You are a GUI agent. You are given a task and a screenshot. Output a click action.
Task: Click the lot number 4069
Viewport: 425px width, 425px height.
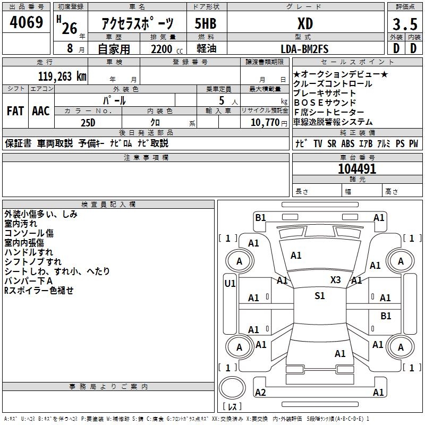pyautogui.click(x=26, y=23)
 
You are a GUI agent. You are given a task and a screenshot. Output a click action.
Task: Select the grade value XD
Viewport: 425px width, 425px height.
pyautogui.click(x=305, y=24)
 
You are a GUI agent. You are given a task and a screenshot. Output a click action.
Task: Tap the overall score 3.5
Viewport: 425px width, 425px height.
pyautogui.click(x=404, y=24)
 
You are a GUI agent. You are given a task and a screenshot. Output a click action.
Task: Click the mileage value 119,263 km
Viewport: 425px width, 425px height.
pyautogui.click(x=62, y=76)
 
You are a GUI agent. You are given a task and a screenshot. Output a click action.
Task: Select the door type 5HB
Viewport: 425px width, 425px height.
pyautogui.click(x=206, y=24)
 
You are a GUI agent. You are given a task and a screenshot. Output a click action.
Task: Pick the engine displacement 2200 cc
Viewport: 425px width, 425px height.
pyautogui.click(x=160, y=49)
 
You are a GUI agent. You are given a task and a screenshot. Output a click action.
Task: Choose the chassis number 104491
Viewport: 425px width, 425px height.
pyautogui.click(x=357, y=169)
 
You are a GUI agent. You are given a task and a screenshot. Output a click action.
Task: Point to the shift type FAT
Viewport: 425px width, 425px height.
pyautogui.click(x=15, y=111)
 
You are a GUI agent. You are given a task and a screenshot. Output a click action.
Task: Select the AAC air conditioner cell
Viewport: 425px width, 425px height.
pyautogui.click(x=41, y=111)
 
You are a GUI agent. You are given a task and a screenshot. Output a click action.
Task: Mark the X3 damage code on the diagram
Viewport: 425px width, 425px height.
pyautogui.click(x=335, y=280)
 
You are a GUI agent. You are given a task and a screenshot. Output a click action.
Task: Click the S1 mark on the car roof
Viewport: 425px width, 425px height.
pyautogui.click(x=319, y=296)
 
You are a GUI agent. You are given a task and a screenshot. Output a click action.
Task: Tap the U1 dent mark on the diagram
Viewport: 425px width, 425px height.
pyautogui.click(x=229, y=284)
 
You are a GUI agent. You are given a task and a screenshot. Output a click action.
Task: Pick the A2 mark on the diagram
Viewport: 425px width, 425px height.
pyautogui.click(x=260, y=392)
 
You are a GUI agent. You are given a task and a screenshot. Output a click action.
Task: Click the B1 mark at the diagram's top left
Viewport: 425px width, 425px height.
pyautogui.click(x=260, y=217)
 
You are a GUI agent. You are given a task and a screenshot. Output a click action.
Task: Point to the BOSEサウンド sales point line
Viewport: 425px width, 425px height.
pyautogui.click(x=325, y=103)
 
